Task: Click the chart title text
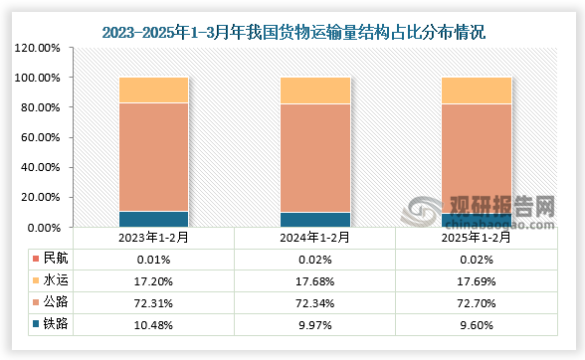coord(293,33)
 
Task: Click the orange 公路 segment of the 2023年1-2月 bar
coord(153,157)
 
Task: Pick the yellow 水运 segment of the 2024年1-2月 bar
coord(315,90)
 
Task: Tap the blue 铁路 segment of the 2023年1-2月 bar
coord(153,219)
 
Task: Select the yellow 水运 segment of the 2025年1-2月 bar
coord(476,90)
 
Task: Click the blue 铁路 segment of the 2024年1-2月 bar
coord(315,219)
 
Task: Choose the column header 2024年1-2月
coord(315,238)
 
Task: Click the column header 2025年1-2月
coord(477,238)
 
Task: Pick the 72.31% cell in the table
coord(153,301)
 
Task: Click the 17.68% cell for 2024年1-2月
coord(315,279)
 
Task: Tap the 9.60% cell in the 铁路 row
coord(477,323)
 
